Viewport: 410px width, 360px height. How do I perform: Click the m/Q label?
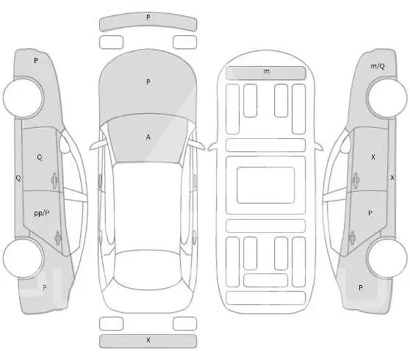pos(378,66)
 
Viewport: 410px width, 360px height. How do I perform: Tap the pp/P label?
pos(42,213)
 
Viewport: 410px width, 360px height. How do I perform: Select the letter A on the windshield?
pos(148,137)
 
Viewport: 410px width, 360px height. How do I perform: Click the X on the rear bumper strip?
pos(148,340)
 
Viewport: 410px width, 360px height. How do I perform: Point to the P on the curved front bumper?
pos(148,17)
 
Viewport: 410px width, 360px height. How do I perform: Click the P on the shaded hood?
pos(148,82)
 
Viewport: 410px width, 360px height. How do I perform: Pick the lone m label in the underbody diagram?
pos(266,71)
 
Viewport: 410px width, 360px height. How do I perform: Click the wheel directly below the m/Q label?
pos(387,98)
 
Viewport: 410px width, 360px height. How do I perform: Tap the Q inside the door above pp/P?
pos(40,157)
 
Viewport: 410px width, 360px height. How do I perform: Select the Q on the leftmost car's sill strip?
pos(18,179)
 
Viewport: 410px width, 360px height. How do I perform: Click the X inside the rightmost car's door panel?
pos(373,157)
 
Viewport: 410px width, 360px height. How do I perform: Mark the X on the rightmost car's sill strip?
pos(392,178)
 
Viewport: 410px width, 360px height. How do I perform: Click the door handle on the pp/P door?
pos(58,238)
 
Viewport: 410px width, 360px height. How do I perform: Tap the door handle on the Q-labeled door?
pos(54,181)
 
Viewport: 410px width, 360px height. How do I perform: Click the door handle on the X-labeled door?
pos(356,181)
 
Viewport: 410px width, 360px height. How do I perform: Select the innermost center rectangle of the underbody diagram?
pos(266,185)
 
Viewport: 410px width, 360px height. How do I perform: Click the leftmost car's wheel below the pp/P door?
pos(23,258)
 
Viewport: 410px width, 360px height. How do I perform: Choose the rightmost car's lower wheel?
pos(387,258)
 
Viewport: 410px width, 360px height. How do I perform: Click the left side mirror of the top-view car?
pos(98,145)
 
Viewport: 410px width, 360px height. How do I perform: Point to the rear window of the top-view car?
pos(148,270)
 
